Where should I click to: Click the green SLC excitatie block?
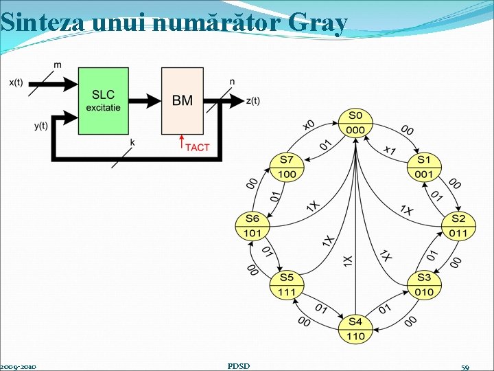click(104, 100)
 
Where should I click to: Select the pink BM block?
click(182, 100)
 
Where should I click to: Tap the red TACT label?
click(197, 147)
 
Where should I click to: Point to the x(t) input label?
click(16, 82)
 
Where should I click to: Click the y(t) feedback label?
click(41, 126)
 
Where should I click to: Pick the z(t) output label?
click(252, 101)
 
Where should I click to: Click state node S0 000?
click(355, 123)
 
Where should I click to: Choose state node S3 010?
click(423, 284)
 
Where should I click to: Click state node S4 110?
click(355, 329)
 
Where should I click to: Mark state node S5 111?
click(286, 284)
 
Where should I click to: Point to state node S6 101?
click(252, 226)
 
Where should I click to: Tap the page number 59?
click(465, 367)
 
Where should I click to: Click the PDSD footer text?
click(238, 366)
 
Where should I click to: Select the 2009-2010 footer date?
click(19, 367)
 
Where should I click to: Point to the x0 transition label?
click(309, 125)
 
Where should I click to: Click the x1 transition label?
click(390, 149)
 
